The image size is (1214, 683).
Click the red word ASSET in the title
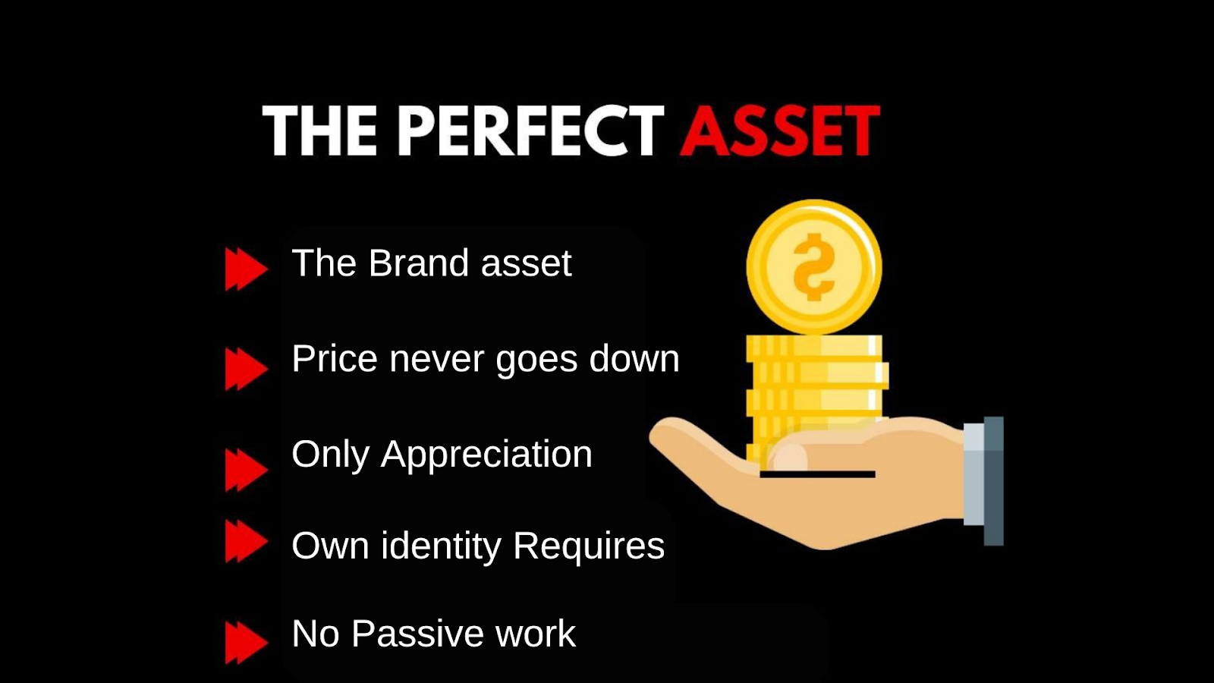pyautogui.click(x=780, y=131)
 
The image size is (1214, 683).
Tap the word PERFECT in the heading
pyautogui.click(x=530, y=131)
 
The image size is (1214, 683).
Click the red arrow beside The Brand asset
pyautogui.click(x=246, y=269)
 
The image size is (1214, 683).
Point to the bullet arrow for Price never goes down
pyautogui.click(x=246, y=369)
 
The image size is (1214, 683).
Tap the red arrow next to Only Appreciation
pyautogui.click(x=246, y=470)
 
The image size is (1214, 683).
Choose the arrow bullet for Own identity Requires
pyautogui.click(x=246, y=541)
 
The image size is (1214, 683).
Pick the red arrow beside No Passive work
pyautogui.click(x=246, y=642)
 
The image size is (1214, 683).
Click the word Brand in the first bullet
pyautogui.click(x=418, y=263)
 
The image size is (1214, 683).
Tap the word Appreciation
pyautogui.click(x=486, y=455)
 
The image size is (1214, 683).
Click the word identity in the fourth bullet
pyautogui.click(x=441, y=546)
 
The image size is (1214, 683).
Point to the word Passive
pyautogui.click(x=417, y=633)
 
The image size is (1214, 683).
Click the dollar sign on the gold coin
pyautogui.click(x=813, y=266)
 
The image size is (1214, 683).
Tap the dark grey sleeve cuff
pyautogui.click(x=993, y=481)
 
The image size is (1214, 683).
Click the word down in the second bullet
pyautogui.click(x=634, y=359)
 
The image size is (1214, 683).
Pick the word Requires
pyautogui.click(x=589, y=546)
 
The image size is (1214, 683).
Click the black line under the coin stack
pyautogui.click(x=817, y=474)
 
